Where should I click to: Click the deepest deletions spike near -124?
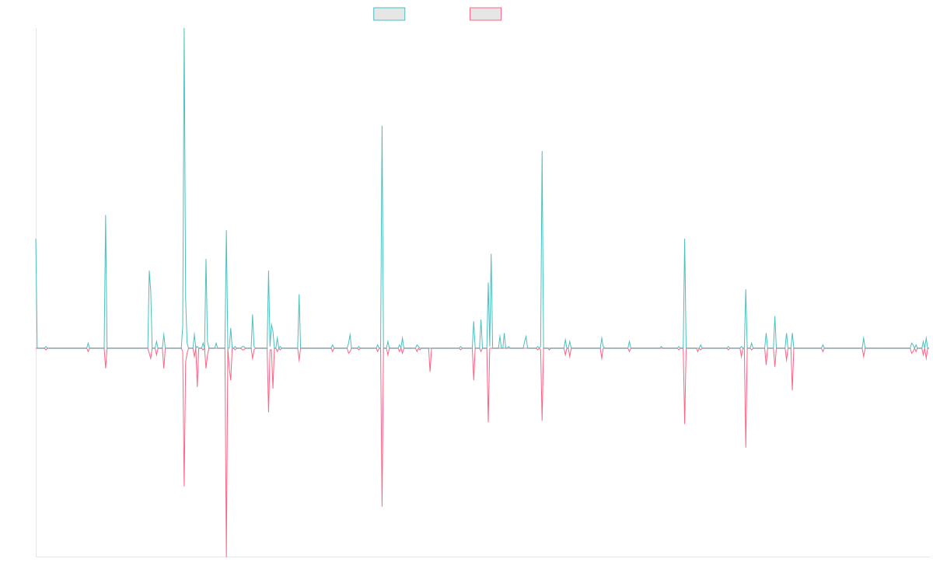pos(226,556)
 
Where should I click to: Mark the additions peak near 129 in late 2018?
pos(382,126)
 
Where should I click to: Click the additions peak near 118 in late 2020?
pos(542,151)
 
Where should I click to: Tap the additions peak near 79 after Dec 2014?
pos(106,215)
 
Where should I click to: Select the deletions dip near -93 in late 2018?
pos(382,506)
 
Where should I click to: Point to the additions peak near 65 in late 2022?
pos(685,239)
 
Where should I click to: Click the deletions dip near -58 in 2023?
pos(746,447)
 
